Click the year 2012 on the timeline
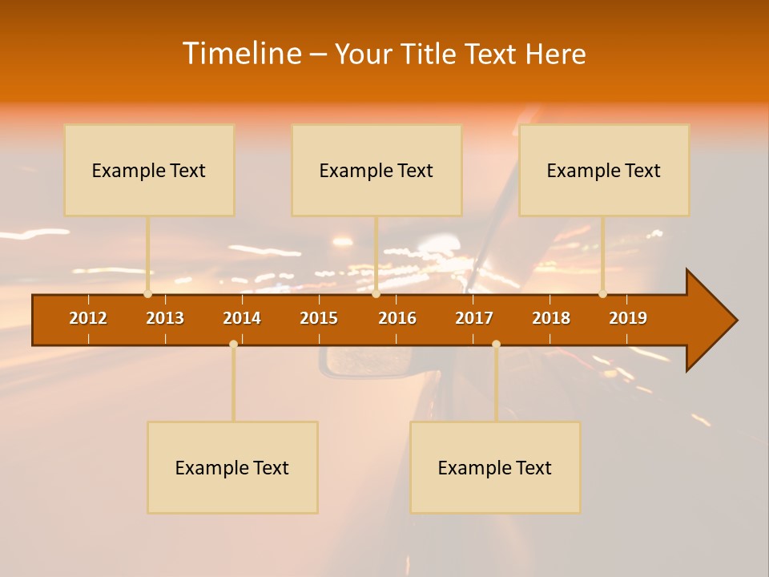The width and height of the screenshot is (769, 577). click(x=88, y=318)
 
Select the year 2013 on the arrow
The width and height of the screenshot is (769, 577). click(x=165, y=318)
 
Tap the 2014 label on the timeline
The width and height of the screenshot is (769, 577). click(x=242, y=318)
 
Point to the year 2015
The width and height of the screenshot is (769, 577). click(x=319, y=318)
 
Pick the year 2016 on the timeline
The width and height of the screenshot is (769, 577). click(x=397, y=318)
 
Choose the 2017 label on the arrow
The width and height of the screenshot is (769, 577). click(x=474, y=318)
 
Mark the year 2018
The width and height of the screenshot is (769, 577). click(x=551, y=318)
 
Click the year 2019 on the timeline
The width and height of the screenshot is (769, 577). click(x=628, y=318)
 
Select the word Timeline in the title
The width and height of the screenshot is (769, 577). click(x=241, y=54)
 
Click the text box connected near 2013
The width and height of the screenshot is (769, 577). click(x=149, y=170)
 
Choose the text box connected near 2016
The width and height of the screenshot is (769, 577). click(x=376, y=170)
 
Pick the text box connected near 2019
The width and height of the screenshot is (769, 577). click(x=604, y=170)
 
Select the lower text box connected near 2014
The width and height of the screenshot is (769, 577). click(x=232, y=467)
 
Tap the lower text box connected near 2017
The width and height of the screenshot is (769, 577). click(x=495, y=467)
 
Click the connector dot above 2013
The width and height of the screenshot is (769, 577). click(x=147, y=293)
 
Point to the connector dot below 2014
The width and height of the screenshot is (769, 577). click(x=233, y=344)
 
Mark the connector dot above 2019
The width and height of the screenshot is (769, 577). click(x=602, y=293)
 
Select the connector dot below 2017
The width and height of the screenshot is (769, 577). click(x=496, y=344)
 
